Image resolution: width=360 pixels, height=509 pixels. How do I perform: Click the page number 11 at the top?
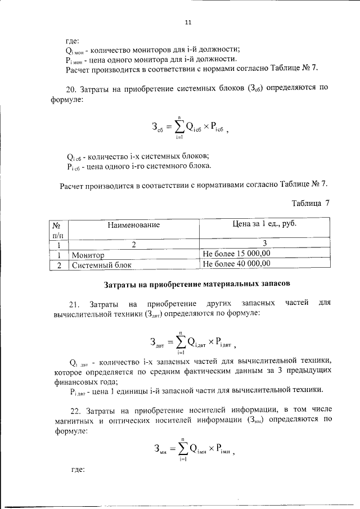point(188,22)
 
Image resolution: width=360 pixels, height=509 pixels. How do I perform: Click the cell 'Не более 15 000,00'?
point(236,254)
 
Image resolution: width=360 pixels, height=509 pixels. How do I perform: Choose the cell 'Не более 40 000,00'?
point(236,263)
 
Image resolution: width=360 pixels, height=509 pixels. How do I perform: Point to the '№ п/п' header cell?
point(56,229)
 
